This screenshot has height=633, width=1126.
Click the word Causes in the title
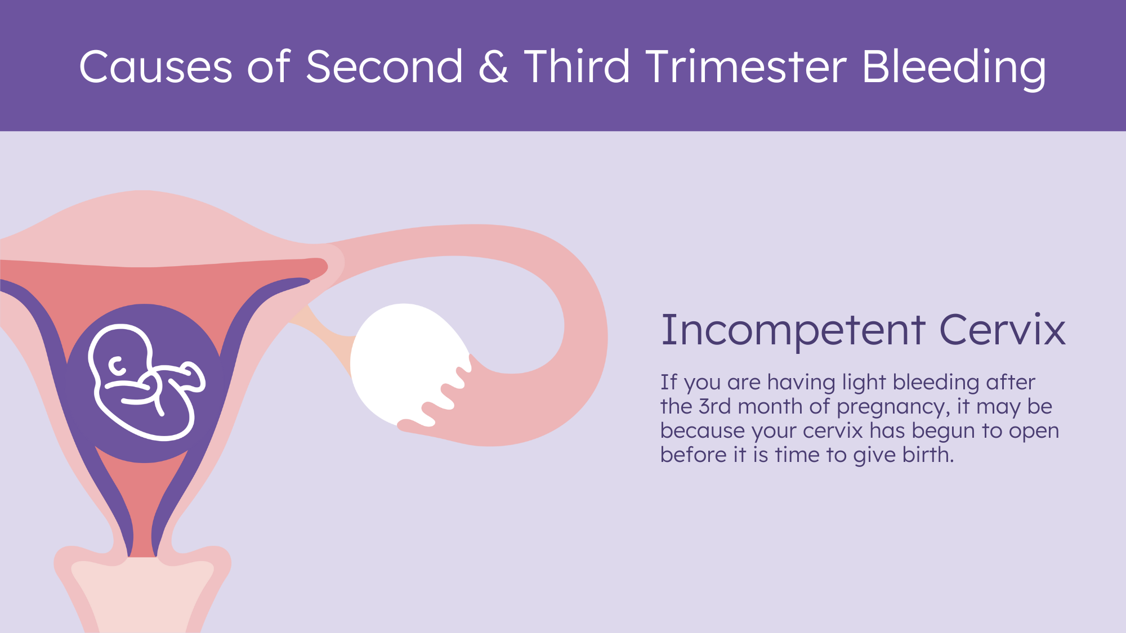click(155, 66)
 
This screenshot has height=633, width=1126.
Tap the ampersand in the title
click(493, 66)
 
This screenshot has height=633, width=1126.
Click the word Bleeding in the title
click(954, 69)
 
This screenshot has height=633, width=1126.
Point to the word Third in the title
click(577, 66)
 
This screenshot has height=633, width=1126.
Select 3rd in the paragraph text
click(714, 406)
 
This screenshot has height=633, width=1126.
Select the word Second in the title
click(384, 66)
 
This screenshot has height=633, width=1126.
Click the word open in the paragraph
click(1034, 432)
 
